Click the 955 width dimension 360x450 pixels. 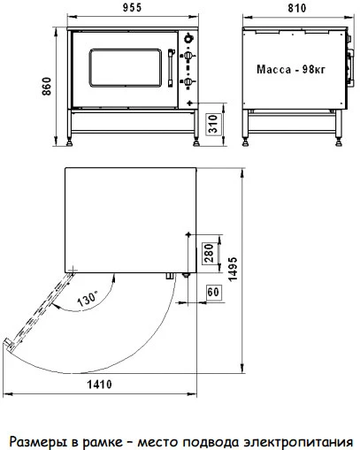point(132,8)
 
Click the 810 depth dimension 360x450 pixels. point(297,8)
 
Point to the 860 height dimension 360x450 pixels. point(47,87)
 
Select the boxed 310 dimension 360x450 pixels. point(213,124)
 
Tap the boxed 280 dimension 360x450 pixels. point(209,253)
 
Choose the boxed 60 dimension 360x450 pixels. point(213,292)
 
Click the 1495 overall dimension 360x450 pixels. point(233,269)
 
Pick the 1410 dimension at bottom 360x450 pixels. point(99,385)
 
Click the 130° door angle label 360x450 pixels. point(88,299)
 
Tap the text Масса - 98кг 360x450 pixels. point(291,70)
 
